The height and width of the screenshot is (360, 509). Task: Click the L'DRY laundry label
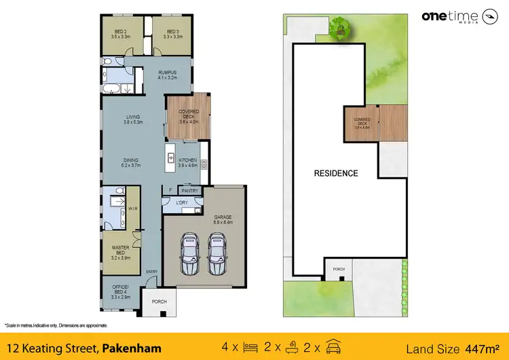pyautogui.click(x=182, y=204)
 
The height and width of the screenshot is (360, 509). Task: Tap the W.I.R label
pyautogui.click(x=132, y=209)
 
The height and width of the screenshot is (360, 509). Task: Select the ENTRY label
pyautogui.click(x=151, y=272)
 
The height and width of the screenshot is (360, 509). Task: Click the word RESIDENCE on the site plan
pyautogui.click(x=335, y=173)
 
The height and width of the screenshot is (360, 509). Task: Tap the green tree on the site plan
pyautogui.click(x=339, y=27)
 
